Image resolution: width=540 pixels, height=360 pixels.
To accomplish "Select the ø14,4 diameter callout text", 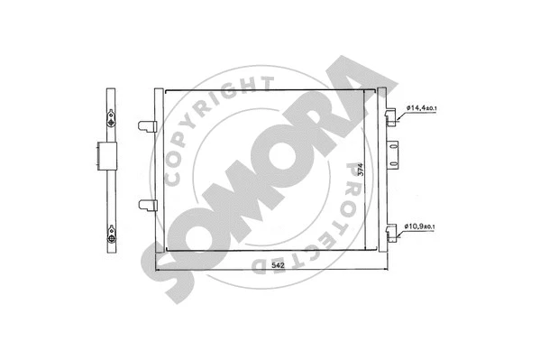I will point(418,107).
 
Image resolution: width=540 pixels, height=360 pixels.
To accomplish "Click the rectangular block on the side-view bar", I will point(103,154).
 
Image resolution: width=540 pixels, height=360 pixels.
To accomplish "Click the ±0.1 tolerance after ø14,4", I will point(434,108).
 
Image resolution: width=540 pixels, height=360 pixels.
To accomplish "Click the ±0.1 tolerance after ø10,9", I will point(434,226).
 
